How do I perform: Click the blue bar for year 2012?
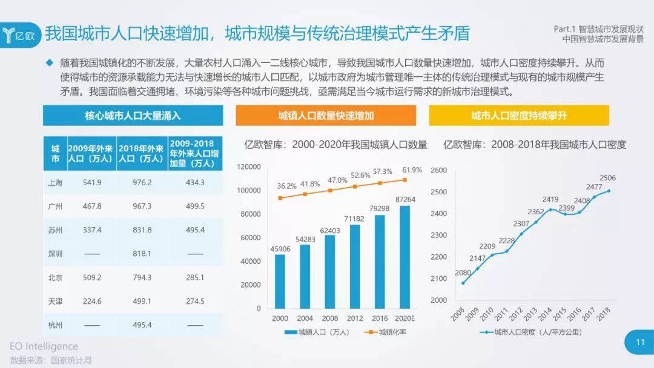pyautogui.click(x=355, y=266)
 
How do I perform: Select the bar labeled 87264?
pyautogui.click(x=405, y=257)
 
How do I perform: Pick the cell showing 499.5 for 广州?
pyautogui.click(x=194, y=206)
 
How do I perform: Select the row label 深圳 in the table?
pyautogui.click(x=55, y=254)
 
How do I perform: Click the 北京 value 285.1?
pyautogui.click(x=194, y=278)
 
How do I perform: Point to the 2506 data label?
pyautogui.click(x=607, y=178)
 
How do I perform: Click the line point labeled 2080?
pyautogui.click(x=464, y=283)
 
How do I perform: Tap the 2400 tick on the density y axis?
pyautogui.click(x=438, y=214)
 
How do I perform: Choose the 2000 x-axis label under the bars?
pyautogui.click(x=280, y=318)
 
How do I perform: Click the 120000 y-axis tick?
pyautogui.click(x=248, y=166)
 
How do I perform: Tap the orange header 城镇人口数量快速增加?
pyautogui.click(x=326, y=116)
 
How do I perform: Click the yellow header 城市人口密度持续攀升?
pyautogui.click(x=518, y=116)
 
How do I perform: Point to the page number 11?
pyautogui.click(x=639, y=343)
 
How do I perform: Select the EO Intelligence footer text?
pyautogui.click(x=44, y=346)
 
